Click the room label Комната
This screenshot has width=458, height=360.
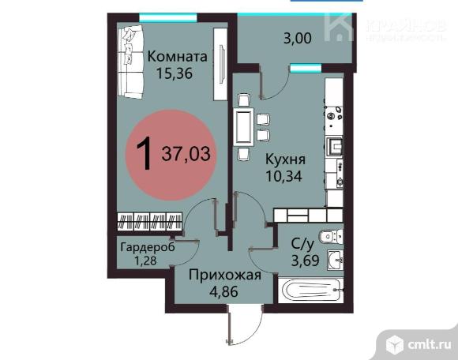tap(178, 56)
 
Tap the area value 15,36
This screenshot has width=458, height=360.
tap(175, 73)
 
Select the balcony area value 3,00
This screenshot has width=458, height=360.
tap(298, 39)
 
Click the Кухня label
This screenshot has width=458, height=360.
tap(285, 159)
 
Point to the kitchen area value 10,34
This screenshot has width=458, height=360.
tap(283, 176)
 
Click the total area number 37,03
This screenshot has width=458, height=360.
tap(186, 154)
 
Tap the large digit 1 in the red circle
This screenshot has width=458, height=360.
tap(144, 153)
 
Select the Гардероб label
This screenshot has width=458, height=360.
tap(148, 247)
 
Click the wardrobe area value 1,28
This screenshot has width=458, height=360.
tap(145, 261)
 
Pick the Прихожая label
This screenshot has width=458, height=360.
tap(224, 275)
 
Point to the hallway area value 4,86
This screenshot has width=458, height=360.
tap(224, 291)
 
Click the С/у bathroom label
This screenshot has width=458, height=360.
tap(302, 244)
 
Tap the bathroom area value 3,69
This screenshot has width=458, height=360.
tap(306, 261)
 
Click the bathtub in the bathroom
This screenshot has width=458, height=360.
tap(311, 291)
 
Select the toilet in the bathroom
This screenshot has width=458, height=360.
tap(332, 236)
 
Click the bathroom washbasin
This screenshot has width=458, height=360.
tap(336, 260)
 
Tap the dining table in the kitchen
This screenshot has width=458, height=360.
tap(243, 127)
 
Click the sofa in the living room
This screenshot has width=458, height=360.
tap(130, 62)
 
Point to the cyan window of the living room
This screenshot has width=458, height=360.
tap(168, 18)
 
